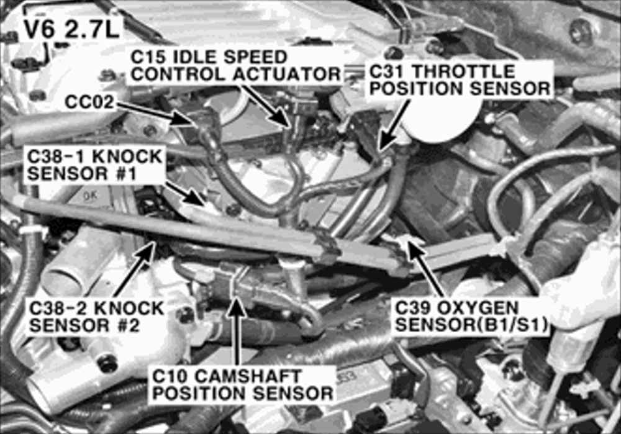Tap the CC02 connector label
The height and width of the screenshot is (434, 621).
click(x=89, y=102)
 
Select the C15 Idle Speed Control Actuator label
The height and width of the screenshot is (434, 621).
click(x=235, y=66)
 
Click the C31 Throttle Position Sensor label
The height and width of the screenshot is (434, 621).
click(x=460, y=79)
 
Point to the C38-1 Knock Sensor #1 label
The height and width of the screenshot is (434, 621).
click(x=94, y=165)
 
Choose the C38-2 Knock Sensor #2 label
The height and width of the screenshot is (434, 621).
click(x=96, y=317)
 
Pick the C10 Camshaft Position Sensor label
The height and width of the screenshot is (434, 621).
click(x=242, y=384)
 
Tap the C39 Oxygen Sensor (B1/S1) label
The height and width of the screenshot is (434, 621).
click(x=471, y=317)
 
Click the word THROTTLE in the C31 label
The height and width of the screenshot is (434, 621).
click(x=464, y=71)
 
